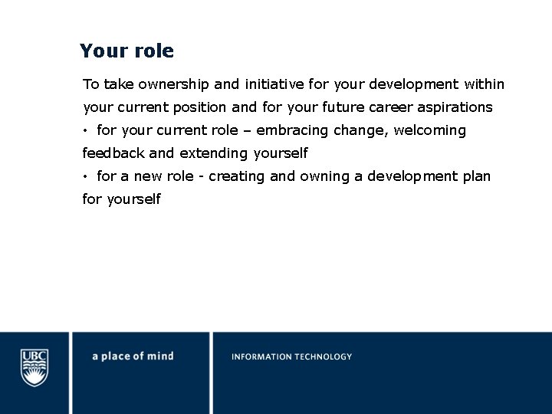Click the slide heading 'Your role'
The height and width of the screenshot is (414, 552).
point(127,51)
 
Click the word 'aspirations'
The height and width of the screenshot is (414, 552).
point(455,107)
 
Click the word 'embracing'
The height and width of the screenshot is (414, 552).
point(292,130)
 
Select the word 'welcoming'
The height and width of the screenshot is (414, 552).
point(430,130)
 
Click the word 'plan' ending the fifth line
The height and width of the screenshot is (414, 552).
point(476,176)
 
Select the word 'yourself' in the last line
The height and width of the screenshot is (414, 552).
point(134,199)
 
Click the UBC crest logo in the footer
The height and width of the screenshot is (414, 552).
point(34,368)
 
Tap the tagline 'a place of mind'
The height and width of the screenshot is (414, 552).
point(133,356)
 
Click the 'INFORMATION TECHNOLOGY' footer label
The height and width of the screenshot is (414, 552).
point(291,356)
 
